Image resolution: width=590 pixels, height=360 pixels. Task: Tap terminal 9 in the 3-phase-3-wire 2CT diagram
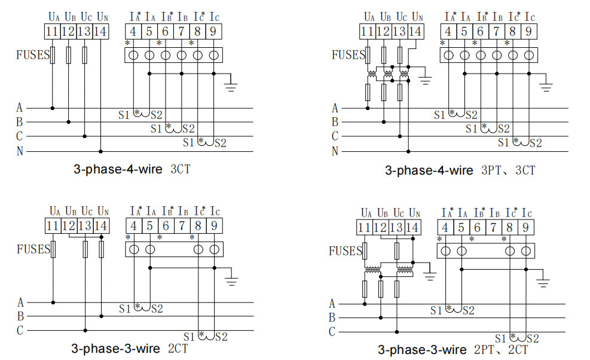[214, 226]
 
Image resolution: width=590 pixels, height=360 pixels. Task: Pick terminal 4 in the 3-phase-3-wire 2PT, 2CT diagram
[445, 227]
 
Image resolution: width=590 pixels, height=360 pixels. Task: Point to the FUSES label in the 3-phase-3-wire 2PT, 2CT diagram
[346, 251]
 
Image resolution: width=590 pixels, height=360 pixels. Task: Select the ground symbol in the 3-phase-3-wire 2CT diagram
[231, 279]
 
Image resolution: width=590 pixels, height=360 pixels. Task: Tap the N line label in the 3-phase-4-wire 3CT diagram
[20, 151]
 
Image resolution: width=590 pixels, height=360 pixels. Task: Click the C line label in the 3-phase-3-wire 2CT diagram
[20, 330]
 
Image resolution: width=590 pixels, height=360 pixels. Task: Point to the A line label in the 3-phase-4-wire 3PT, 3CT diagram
[335, 108]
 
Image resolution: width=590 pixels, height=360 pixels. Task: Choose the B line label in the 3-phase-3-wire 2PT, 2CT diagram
[332, 318]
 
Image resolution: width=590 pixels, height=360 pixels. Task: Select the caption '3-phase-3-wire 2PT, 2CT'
[453, 350]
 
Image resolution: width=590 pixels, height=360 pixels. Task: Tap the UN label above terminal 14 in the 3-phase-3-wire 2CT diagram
[103, 210]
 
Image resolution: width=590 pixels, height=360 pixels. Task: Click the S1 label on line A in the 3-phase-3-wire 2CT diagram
[124, 309]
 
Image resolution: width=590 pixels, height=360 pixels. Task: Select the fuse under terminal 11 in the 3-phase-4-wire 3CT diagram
[53, 56]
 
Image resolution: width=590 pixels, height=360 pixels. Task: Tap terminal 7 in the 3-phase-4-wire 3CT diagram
[182, 30]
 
